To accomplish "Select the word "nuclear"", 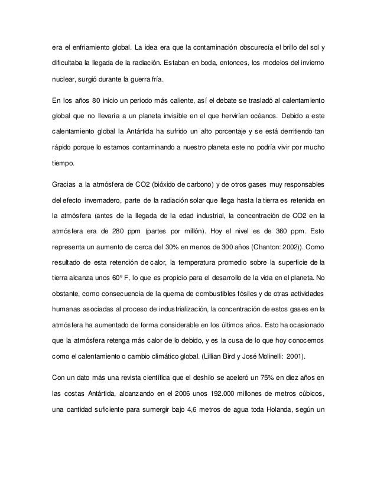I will click(65, 79).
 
